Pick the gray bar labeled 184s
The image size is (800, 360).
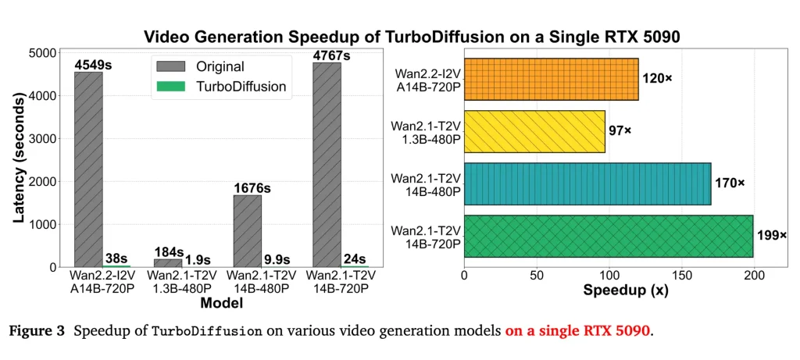pyautogui.click(x=168, y=262)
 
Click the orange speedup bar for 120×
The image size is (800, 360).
pyautogui.click(x=551, y=79)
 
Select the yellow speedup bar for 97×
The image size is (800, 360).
pyautogui.click(x=534, y=131)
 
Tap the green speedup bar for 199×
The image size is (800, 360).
pyautogui.click(x=609, y=236)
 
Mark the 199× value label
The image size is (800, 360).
pyautogui.click(x=771, y=235)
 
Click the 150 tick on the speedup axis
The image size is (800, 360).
pyautogui.click(x=682, y=276)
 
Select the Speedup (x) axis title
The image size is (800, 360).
pyautogui.click(x=619, y=290)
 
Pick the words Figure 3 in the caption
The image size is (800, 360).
pyautogui.click(x=37, y=330)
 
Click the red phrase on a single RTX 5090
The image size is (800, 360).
pyautogui.click(x=577, y=330)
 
